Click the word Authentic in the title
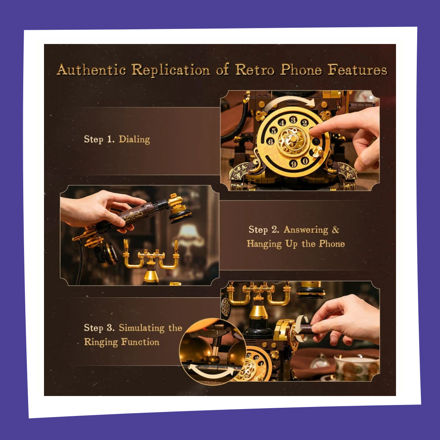91,69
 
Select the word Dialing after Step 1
134,139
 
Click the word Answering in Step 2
306,230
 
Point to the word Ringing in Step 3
101,342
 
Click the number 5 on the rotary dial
273,130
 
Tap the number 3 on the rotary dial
293,120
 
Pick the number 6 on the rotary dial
271,141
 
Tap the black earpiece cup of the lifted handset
180,216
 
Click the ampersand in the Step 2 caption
336,230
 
